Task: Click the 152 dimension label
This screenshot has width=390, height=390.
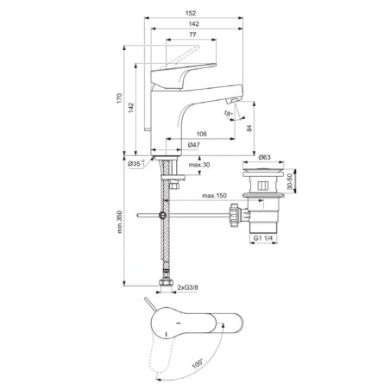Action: pos(191,13)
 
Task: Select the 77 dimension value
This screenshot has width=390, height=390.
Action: pos(192,35)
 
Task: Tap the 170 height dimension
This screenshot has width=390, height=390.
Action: pos(119,98)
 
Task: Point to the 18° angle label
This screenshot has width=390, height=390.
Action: pos(229,114)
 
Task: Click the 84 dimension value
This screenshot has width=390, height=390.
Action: pos(249,128)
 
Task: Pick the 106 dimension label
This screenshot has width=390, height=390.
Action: pos(202,134)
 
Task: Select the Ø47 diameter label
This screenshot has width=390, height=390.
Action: pos(193,145)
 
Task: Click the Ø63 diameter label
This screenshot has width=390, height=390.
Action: pos(264,157)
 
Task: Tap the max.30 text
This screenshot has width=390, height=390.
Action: pos(199,165)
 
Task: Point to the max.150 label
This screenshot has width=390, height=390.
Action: pos(214,196)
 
